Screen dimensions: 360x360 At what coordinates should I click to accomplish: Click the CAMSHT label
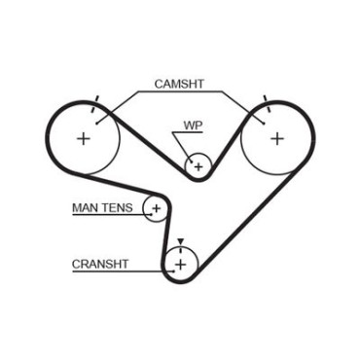[179, 84]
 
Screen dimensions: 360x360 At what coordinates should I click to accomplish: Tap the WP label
[193, 126]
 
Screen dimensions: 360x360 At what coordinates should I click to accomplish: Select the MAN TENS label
[102, 207]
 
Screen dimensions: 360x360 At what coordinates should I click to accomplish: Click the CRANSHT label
[100, 264]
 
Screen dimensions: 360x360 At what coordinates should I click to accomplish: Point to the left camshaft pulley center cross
[84, 139]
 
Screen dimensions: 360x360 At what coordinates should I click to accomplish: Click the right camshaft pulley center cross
[277, 139]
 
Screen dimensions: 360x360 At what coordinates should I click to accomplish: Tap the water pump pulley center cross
[198, 167]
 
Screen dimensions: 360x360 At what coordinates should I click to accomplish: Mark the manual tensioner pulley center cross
[157, 208]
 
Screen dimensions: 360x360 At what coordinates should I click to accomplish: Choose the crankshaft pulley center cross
[181, 265]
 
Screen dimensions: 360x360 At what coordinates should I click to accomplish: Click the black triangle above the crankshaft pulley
[181, 241]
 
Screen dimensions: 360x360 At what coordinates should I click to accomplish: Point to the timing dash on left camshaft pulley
[94, 104]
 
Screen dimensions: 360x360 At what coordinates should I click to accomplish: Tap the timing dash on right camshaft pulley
[267, 104]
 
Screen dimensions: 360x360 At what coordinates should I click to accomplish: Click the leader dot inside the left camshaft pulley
[97, 123]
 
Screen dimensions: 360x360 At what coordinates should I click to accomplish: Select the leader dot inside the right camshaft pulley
[264, 123]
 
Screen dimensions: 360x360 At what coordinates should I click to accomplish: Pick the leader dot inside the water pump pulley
[192, 162]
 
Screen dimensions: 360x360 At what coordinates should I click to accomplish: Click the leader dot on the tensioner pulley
[151, 214]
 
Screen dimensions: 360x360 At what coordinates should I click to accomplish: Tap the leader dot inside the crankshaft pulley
[174, 270]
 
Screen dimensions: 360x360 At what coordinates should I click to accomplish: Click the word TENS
[119, 207]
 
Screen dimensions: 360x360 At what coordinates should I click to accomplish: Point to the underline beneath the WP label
[188, 132]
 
